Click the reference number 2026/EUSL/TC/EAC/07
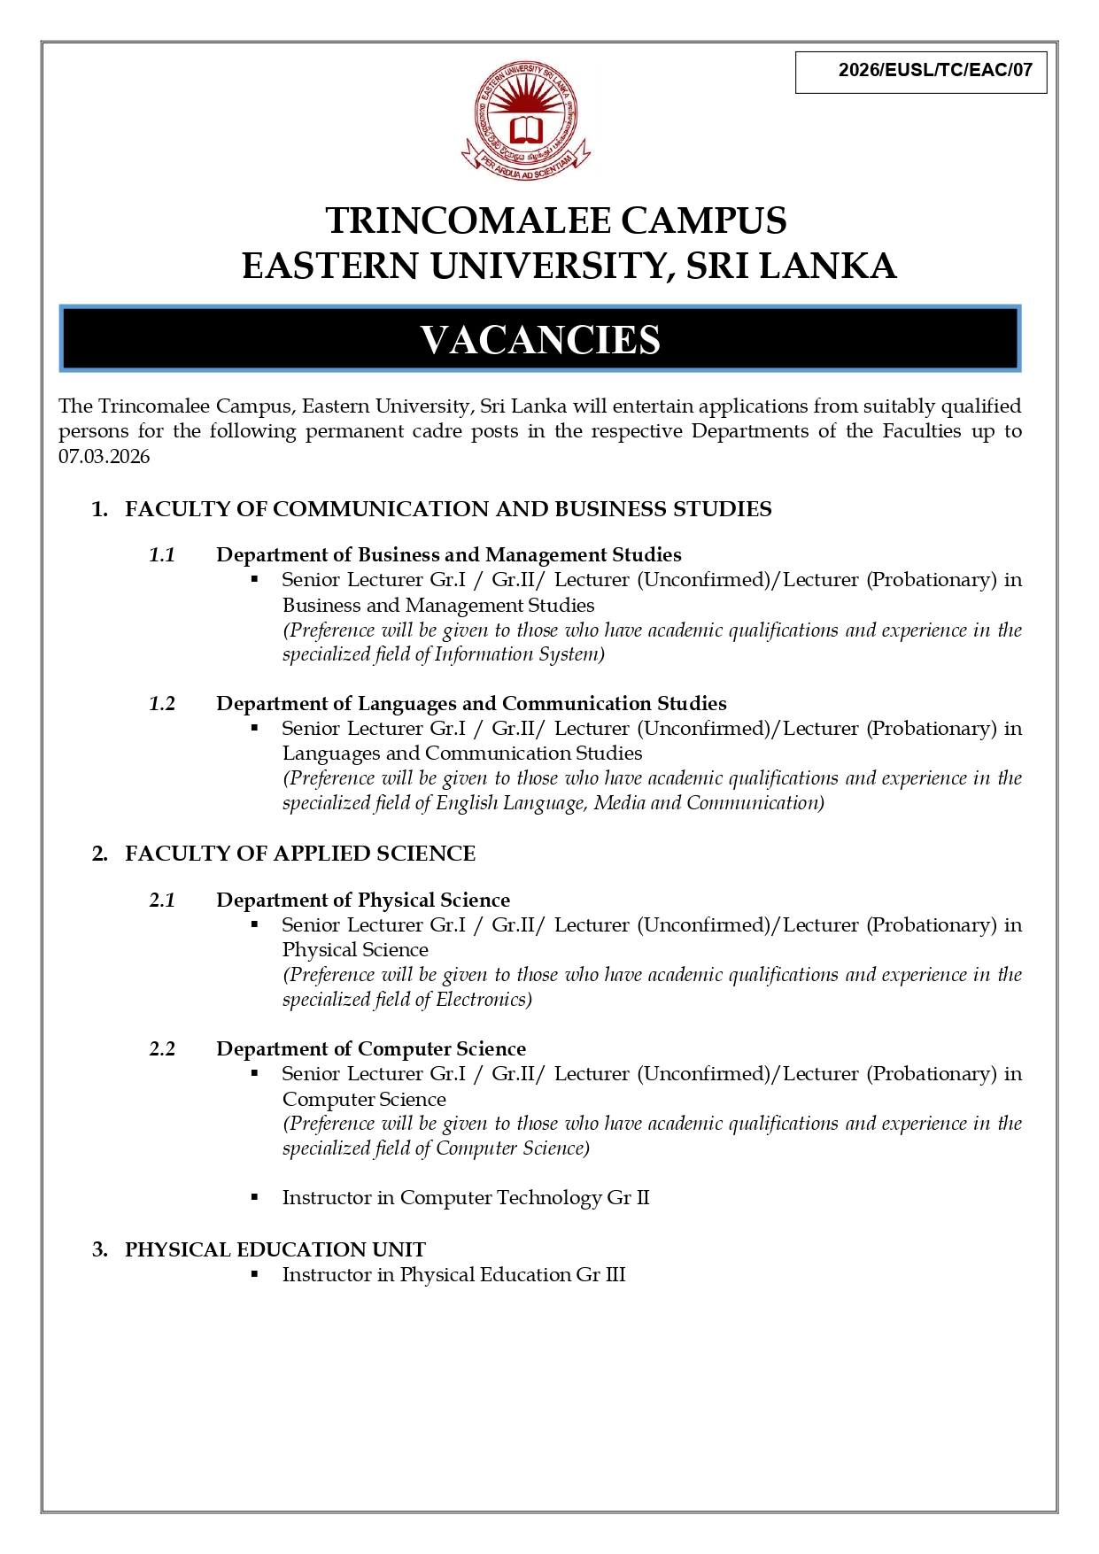tap(935, 71)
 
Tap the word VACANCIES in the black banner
tap(540, 340)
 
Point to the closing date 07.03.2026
tap(104, 457)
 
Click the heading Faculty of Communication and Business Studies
tap(448, 509)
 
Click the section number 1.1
tap(162, 555)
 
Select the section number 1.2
tap(162, 704)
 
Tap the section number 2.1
tap(162, 901)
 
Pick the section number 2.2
tap(162, 1049)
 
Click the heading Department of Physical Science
tap(363, 901)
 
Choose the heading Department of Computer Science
tap(371, 1049)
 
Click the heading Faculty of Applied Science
tap(300, 854)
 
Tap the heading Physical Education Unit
tap(275, 1249)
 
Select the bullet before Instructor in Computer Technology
tap(255, 1197)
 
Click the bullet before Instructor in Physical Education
tap(255, 1274)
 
